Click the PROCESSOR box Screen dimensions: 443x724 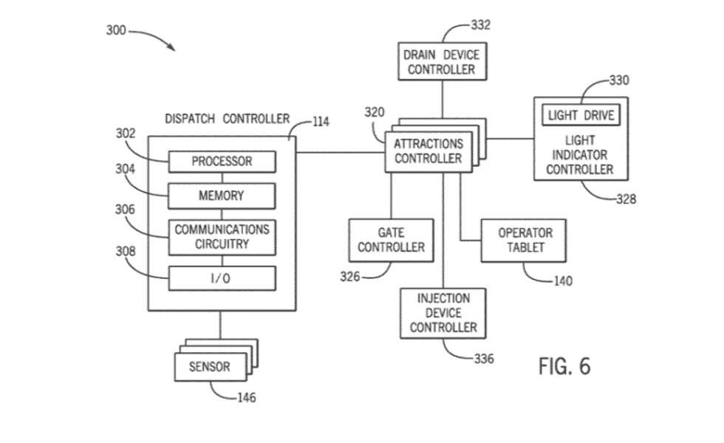click(x=222, y=161)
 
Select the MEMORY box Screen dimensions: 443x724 click(x=222, y=196)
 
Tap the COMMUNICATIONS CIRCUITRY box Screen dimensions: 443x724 click(x=222, y=236)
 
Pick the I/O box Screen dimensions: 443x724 click(x=222, y=278)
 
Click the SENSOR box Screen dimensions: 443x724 click(x=209, y=366)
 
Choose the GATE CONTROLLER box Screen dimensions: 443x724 click(x=391, y=239)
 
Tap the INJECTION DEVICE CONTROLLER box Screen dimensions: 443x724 click(x=443, y=313)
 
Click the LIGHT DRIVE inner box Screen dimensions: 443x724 click(x=581, y=116)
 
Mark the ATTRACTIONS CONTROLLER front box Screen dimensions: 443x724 click(x=428, y=151)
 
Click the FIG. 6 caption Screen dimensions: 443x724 click(x=564, y=366)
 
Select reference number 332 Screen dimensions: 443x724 click(x=480, y=25)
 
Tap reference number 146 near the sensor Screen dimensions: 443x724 click(x=246, y=398)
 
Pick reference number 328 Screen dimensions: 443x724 click(x=625, y=199)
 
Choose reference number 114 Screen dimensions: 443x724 click(x=320, y=123)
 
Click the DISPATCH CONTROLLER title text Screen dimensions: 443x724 click(x=226, y=119)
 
